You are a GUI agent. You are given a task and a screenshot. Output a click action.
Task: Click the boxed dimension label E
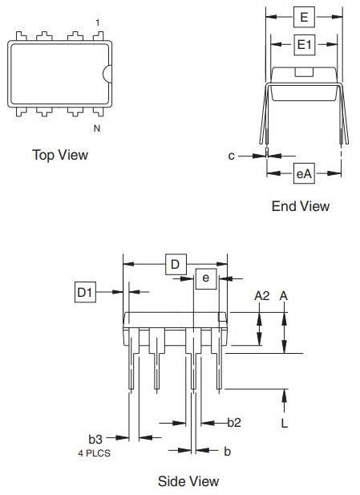(304, 15)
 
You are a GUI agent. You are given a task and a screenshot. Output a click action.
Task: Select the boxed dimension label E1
(304, 46)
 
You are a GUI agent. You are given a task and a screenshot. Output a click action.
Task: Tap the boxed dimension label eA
(304, 172)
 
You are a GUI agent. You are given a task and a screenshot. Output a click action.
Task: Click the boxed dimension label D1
(86, 293)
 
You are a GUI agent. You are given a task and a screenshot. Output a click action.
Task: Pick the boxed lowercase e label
(206, 278)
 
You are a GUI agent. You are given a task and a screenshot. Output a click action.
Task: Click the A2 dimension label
(261, 296)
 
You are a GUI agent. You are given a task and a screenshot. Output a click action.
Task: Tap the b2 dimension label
(234, 422)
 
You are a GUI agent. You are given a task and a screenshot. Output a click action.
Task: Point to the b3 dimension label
(95, 438)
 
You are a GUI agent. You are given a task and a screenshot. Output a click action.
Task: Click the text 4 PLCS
(95, 452)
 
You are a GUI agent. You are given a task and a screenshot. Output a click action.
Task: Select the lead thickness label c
(231, 156)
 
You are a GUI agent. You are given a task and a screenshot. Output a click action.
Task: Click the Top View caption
(60, 154)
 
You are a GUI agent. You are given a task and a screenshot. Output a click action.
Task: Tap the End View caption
(300, 206)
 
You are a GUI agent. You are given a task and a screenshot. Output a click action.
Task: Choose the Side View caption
(188, 481)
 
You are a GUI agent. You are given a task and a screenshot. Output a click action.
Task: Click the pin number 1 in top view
(98, 22)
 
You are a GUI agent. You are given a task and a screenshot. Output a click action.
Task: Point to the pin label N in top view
(97, 127)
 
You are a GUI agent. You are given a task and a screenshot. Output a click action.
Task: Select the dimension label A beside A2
(284, 296)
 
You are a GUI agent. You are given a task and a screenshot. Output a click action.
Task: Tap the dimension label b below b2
(227, 452)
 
